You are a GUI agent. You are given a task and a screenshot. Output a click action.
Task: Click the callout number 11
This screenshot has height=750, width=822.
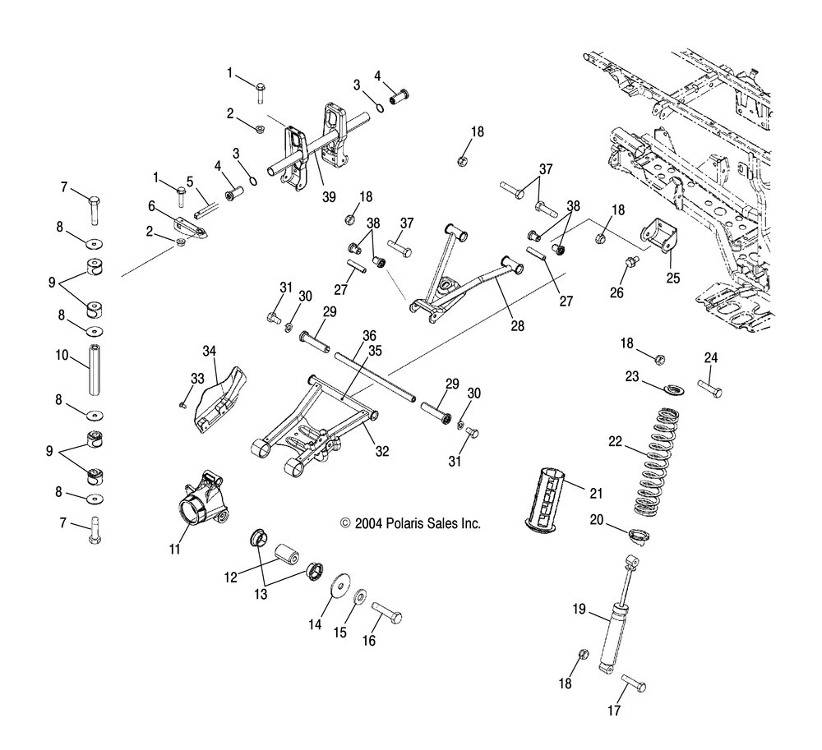pyautogui.click(x=174, y=550)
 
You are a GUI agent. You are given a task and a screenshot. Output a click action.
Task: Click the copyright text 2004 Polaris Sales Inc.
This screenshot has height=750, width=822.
pyautogui.click(x=410, y=523)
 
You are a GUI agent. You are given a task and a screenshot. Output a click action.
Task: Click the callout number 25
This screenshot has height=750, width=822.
pyautogui.click(x=673, y=278)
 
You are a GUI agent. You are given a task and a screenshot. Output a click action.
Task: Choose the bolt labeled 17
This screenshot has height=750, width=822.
pyautogui.click(x=632, y=683)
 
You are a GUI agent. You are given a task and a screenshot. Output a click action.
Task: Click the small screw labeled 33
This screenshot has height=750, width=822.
pyautogui.click(x=183, y=405)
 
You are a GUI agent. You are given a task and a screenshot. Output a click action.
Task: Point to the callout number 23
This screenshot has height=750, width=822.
pyautogui.click(x=631, y=377)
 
